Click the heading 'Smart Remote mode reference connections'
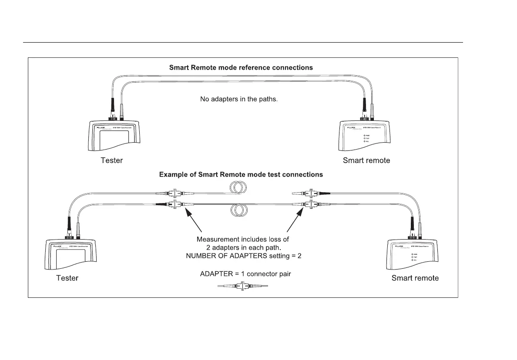241,68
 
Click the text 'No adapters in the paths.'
238,99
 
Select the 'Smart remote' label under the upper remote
366,160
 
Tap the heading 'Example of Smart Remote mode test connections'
241,174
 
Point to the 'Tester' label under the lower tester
67,278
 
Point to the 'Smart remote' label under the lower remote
415,278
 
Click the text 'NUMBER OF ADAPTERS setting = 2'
243,256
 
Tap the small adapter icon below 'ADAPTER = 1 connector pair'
242,287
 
